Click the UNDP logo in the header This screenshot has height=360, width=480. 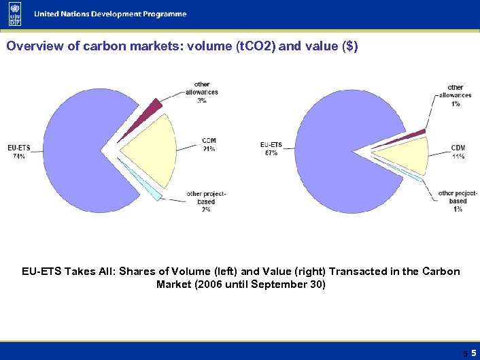point(14,14)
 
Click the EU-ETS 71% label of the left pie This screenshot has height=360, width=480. point(18,152)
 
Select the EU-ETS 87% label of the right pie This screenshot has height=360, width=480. point(271,148)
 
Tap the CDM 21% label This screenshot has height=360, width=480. point(209,145)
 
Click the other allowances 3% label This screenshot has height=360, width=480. point(202,93)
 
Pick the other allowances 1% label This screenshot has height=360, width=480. point(455,95)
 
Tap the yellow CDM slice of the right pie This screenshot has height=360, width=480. point(405,155)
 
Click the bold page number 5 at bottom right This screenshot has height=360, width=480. point(472,353)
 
